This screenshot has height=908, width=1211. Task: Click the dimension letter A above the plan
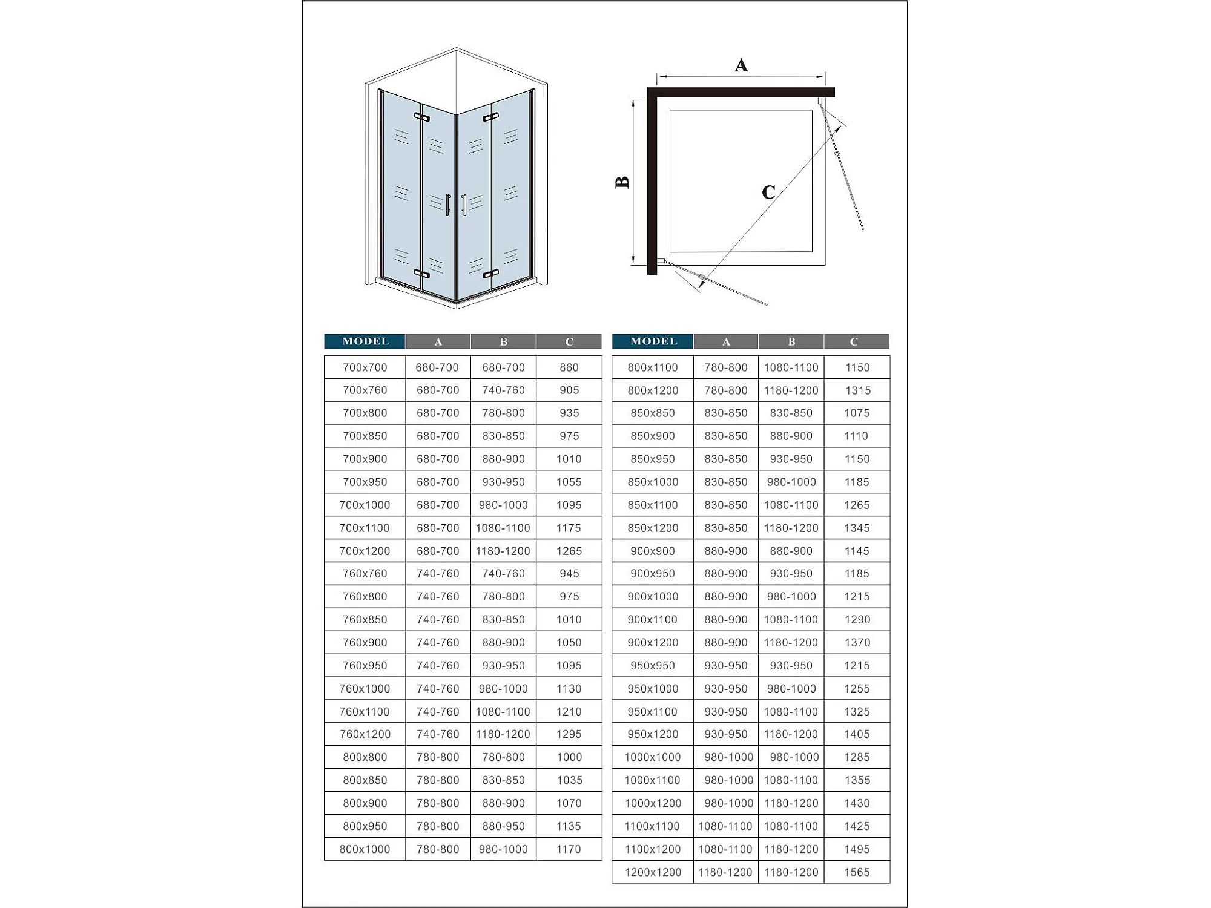coord(741,65)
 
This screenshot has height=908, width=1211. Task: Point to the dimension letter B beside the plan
coord(622,182)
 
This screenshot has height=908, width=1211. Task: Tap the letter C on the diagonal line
coord(768,192)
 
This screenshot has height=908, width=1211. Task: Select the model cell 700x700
coord(365,367)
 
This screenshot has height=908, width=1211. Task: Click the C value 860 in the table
coord(569,367)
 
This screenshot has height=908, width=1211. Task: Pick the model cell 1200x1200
coord(653,872)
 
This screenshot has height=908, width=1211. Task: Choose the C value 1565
coord(857,872)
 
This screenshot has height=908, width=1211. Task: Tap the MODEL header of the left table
coord(365,341)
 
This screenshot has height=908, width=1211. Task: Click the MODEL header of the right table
coord(653,341)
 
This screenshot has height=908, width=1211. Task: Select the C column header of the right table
coord(854,342)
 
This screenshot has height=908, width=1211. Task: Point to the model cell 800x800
coord(365,757)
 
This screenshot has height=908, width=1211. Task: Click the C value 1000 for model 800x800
coord(569,757)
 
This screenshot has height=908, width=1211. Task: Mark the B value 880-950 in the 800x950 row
coord(503,826)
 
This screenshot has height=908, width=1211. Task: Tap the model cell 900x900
coord(653,551)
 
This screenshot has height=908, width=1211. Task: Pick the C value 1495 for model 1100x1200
coord(857,849)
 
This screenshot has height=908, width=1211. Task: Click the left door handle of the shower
coord(447,205)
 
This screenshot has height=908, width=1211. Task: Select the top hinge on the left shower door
coord(421,117)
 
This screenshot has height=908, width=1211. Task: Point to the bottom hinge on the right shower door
coord(490,274)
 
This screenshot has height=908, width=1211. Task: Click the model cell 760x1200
coord(365,734)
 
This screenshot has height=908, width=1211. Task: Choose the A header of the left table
coord(438,342)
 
